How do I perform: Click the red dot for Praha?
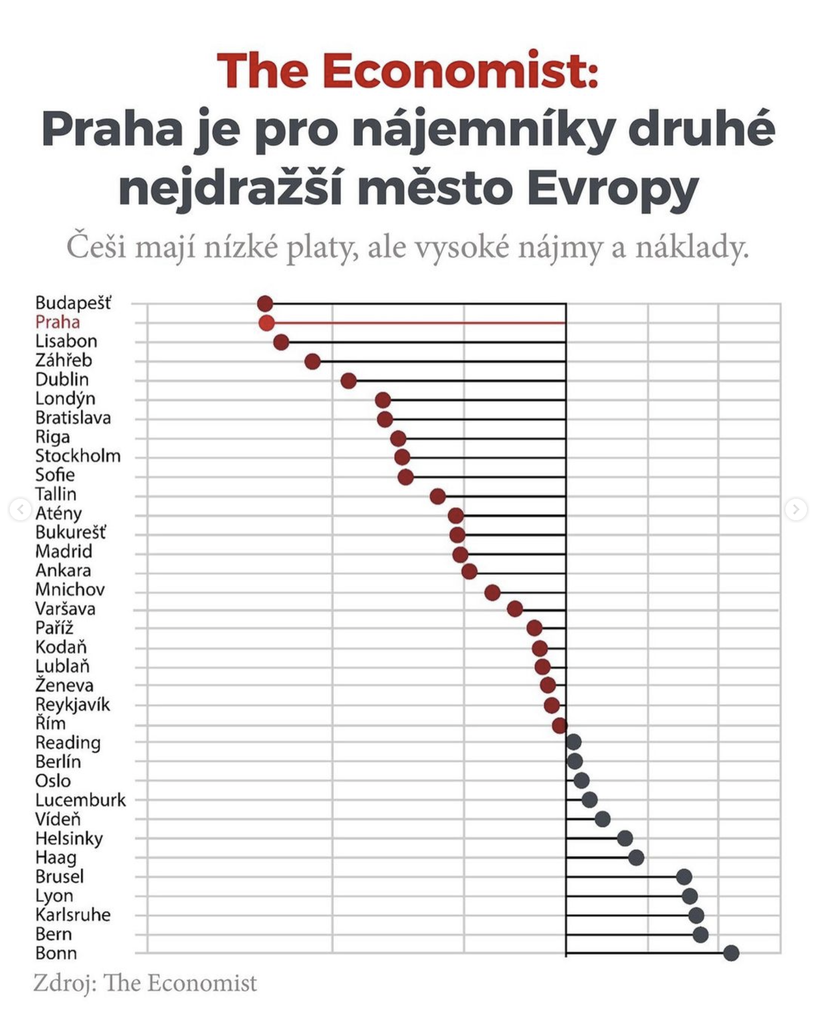tap(266, 323)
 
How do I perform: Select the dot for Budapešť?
tap(265, 304)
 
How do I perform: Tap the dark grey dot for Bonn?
tap(731, 953)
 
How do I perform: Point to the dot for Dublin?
tap(349, 381)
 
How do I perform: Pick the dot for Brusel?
tap(684, 877)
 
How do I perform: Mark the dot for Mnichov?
tap(492, 593)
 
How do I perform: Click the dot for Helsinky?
tap(625, 838)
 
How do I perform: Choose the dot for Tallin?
tap(438, 496)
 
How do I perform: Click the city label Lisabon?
tap(66, 341)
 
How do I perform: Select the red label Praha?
tap(58, 322)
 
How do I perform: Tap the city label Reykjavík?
tap(73, 705)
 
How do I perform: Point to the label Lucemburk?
tap(81, 800)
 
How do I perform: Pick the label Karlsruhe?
tap(73, 915)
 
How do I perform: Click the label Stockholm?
tap(78, 456)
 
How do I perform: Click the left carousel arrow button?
tap(20, 509)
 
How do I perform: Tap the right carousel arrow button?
tap(796, 509)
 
